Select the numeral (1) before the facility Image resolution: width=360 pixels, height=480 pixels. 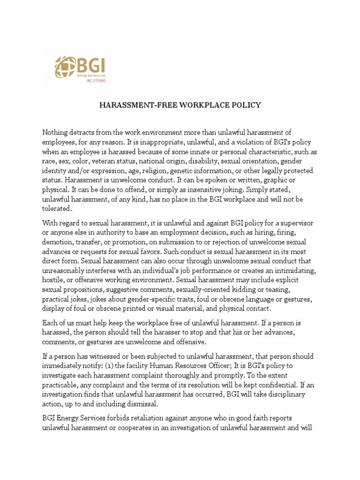coord(125,366)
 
